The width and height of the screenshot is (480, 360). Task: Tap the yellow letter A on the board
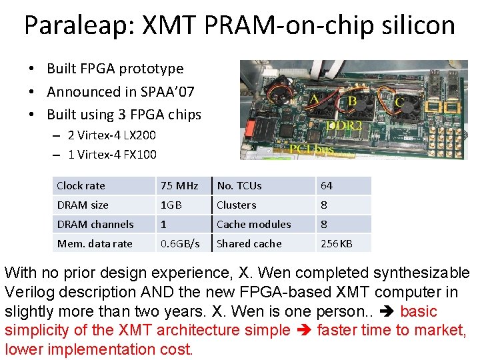coord(313,100)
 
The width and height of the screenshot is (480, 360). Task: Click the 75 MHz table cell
coord(179,186)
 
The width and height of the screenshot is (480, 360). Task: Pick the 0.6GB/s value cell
coord(180,244)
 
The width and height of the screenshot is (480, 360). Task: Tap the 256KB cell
coord(336,244)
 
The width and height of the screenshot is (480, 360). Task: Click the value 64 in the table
coord(327,186)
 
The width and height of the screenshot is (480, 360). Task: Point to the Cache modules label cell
coord(254,225)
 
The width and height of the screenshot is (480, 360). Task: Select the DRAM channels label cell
coord(95,225)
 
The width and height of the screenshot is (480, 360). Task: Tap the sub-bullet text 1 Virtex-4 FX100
coord(112,155)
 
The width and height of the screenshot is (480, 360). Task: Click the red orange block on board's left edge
coord(251,126)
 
